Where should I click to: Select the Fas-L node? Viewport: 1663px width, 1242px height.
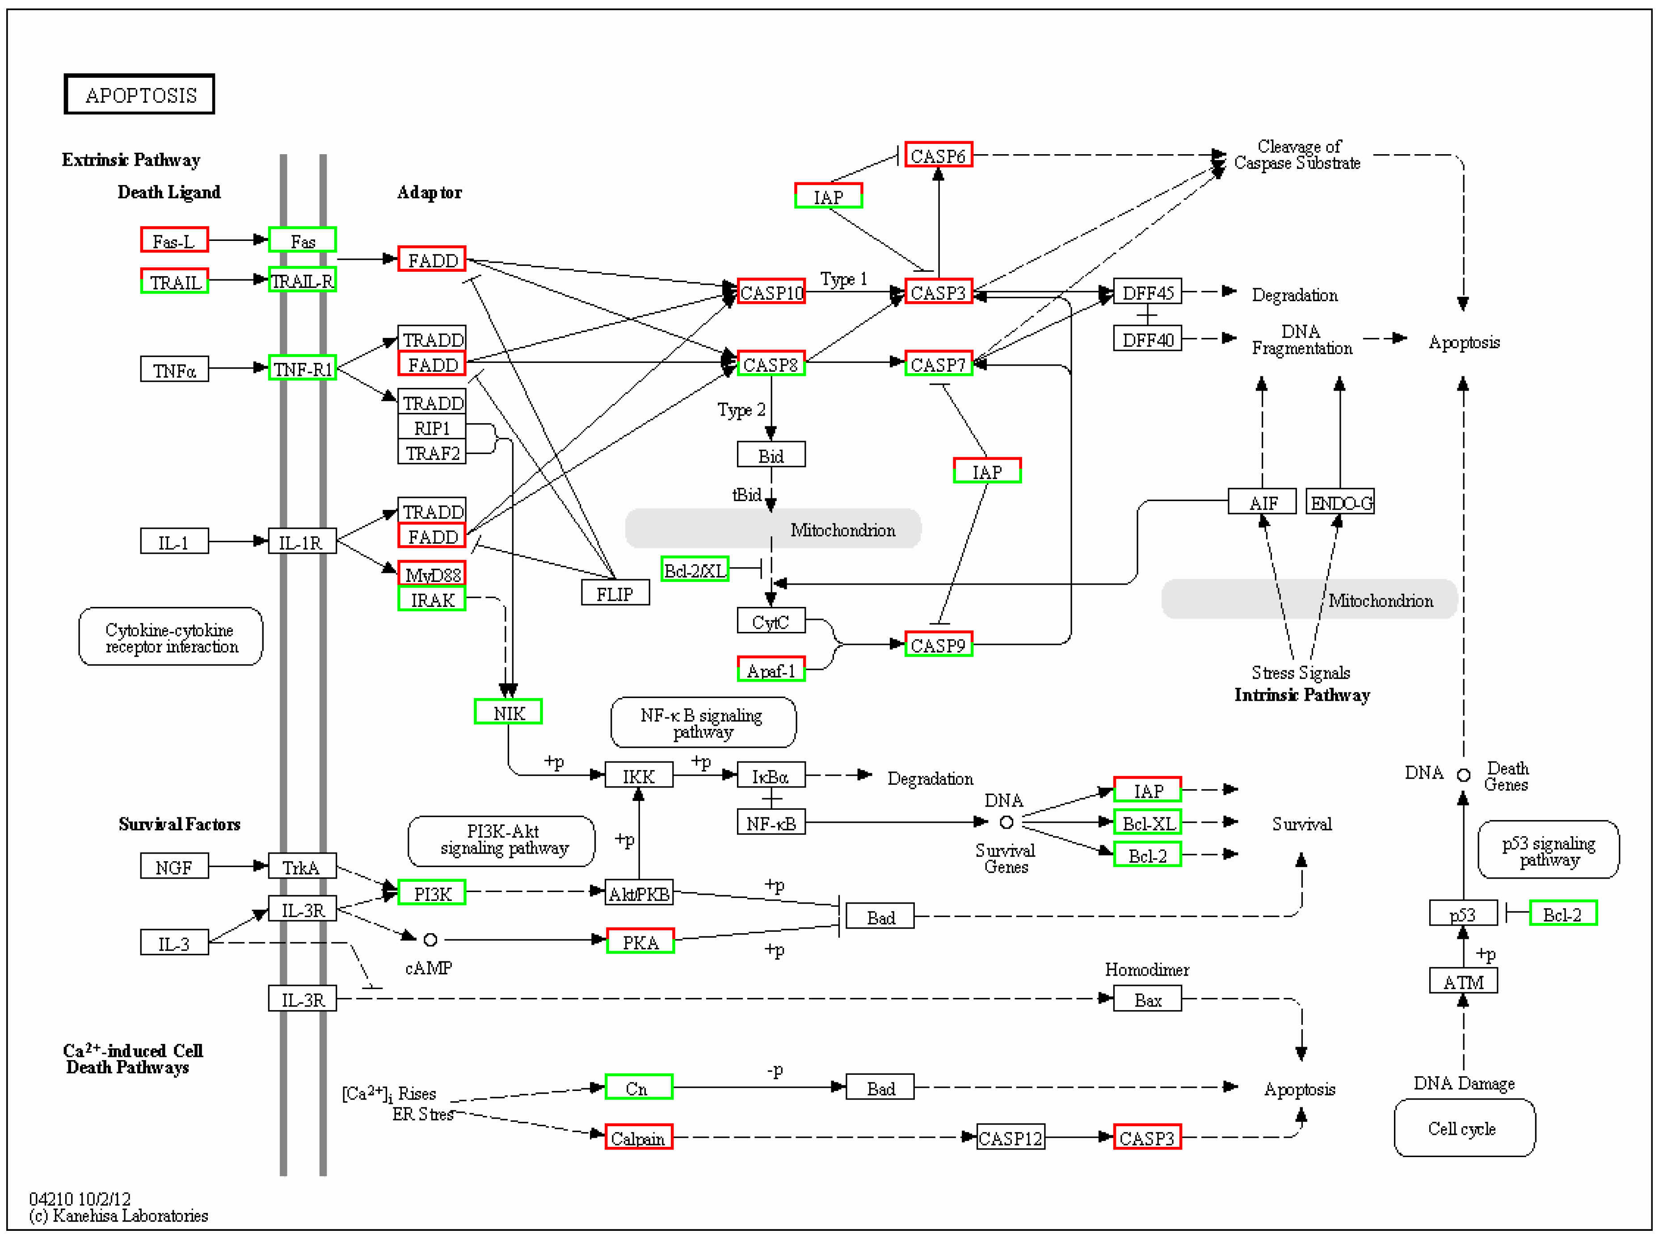click(174, 240)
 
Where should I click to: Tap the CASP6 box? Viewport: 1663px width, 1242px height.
click(938, 156)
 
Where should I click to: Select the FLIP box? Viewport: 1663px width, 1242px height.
click(615, 594)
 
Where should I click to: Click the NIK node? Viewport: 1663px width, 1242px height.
click(508, 713)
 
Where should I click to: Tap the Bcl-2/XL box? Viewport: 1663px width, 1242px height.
click(695, 571)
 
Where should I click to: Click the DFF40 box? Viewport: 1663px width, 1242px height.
click(1147, 340)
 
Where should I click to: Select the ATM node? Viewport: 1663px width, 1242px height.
click(1463, 983)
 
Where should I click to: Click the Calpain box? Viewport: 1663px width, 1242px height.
click(638, 1138)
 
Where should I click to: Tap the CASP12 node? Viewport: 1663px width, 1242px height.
click(1010, 1138)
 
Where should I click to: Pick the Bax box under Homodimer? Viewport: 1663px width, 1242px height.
click(1147, 1000)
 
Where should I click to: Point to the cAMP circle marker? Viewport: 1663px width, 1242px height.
click(430, 940)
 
